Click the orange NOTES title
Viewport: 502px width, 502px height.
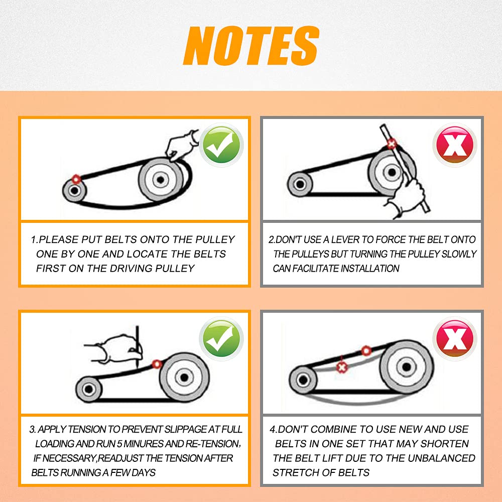coord(252,46)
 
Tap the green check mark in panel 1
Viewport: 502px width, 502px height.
coord(221,146)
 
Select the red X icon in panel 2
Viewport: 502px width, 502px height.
coord(455,146)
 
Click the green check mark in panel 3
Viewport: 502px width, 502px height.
coord(221,339)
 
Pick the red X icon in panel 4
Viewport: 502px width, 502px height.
coord(455,339)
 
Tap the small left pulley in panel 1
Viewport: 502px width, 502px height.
coord(74,190)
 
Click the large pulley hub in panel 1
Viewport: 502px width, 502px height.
coord(161,180)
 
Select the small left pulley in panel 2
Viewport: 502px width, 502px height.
coord(300,184)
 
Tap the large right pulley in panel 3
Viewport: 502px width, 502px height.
coord(184,377)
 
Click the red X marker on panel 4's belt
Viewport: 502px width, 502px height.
coord(341,367)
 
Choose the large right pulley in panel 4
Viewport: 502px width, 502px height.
coord(406,366)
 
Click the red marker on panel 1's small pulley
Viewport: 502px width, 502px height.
coord(76,179)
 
